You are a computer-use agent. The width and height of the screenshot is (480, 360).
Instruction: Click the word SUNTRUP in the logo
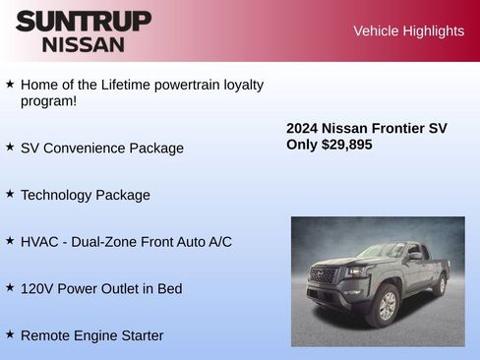tap(84, 21)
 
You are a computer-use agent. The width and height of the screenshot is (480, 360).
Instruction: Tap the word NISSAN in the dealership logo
tap(84, 44)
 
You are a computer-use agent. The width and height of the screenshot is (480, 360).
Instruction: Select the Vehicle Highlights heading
tap(408, 31)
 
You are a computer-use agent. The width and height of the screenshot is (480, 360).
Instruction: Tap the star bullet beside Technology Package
tap(10, 194)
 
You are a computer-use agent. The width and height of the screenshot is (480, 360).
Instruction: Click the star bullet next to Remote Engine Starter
tap(10, 334)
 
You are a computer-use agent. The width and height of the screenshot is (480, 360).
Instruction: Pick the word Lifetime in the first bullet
tap(138, 85)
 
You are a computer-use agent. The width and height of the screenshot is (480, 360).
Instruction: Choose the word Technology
tap(57, 195)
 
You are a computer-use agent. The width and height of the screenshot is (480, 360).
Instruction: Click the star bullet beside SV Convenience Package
tap(10, 147)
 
